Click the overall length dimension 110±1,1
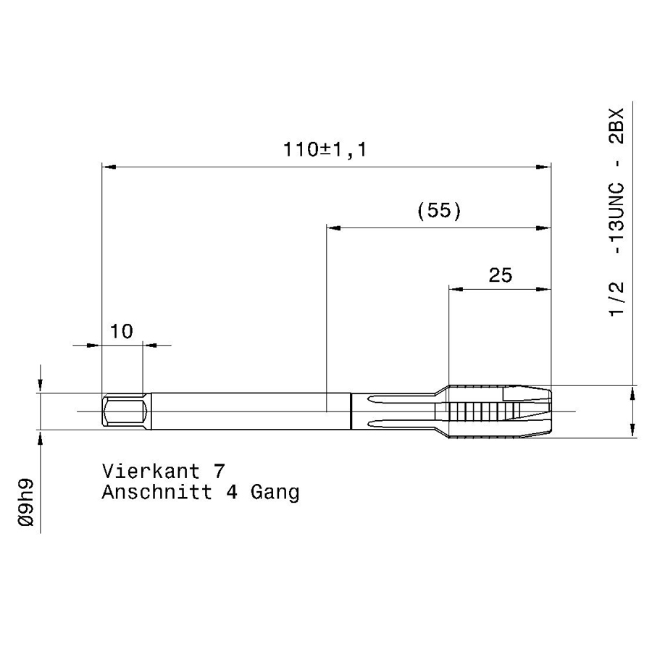(325, 150)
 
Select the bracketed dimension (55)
(439, 211)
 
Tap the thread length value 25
(500, 275)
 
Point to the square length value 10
(122, 331)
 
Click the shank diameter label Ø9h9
(26, 503)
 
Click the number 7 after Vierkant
(220, 472)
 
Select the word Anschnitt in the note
(157, 493)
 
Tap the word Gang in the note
(275, 493)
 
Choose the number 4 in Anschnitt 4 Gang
(232, 493)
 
